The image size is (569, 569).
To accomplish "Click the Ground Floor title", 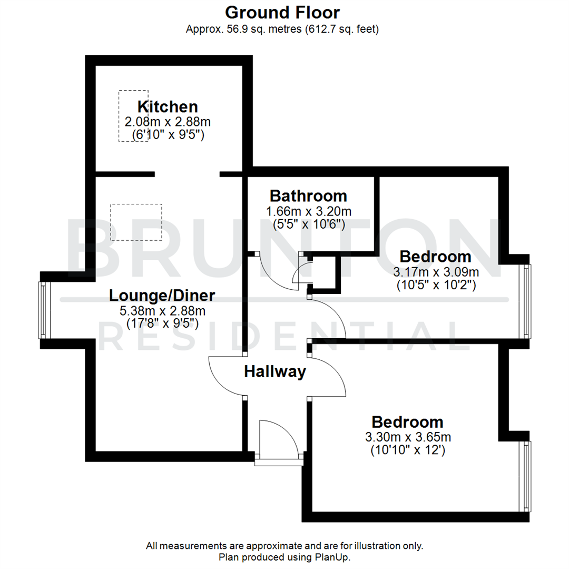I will tap(282, 12).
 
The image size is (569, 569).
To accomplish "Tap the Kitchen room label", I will tap(168, 106).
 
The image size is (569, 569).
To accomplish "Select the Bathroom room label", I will tap(308, 196).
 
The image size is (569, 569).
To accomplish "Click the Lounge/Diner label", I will tap(162, 296).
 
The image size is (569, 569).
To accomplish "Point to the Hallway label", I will tap(275, 372).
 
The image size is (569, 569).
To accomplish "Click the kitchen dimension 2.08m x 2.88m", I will tap(168, 122).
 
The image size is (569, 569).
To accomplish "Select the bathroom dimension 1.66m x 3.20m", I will tap(309, 212).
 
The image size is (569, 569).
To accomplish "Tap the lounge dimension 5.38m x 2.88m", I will tap(162, 311).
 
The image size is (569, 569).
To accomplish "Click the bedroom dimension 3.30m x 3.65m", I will tap(408, 437).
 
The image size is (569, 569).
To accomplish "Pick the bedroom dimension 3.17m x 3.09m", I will tap(436, 272).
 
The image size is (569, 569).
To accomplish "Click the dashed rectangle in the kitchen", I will tap(133, 115).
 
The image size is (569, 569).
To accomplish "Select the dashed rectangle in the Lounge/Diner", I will tap(136, 222).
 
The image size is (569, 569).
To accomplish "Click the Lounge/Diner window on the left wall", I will tap(42, 310).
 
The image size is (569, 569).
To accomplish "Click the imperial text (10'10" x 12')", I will tap(408, 450).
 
